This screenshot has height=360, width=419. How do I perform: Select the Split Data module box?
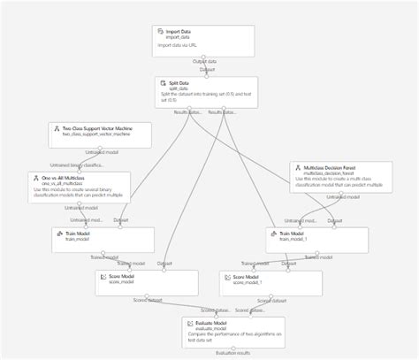pos(206,92)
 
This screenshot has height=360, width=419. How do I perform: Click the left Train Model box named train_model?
pos(103,240)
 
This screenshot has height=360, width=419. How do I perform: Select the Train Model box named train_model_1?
pos(316,240)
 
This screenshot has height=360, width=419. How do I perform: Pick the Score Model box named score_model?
pos(146,283)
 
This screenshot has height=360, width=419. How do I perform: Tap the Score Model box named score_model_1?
pos(270,283)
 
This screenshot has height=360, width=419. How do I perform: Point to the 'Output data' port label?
pos(206,61)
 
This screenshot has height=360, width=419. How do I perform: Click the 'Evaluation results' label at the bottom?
pos(233,353)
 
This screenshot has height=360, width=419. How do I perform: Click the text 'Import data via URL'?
pos(183,45)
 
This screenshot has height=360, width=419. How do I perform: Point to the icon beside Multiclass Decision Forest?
pos(298,166)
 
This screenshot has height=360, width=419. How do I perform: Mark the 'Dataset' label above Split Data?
pos(207,70)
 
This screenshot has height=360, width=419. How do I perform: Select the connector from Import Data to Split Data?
pos(206,66)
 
